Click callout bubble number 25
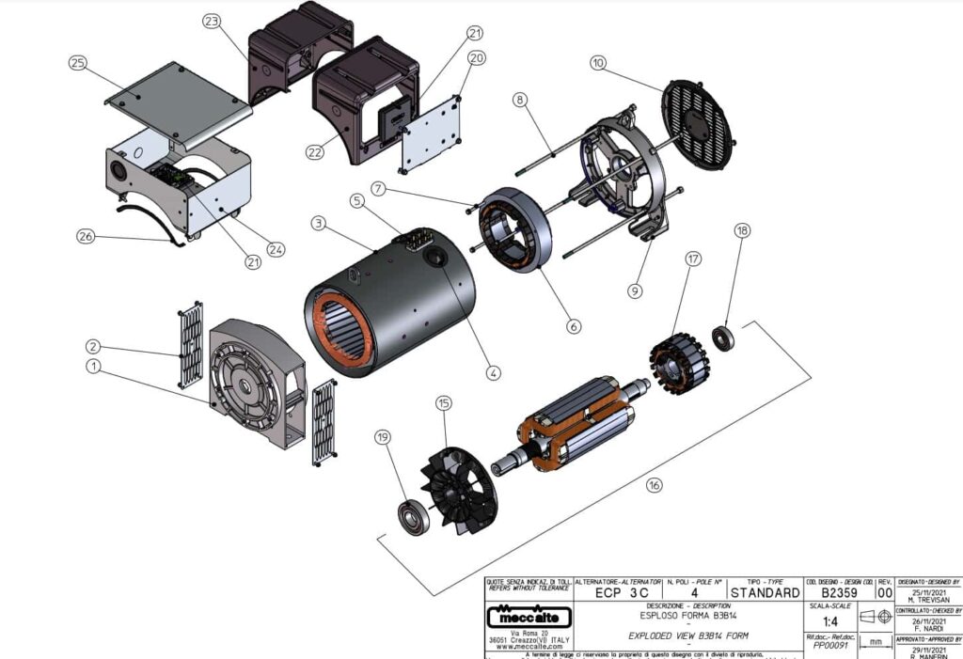tap(77, 63)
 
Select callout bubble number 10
tap(598, 64)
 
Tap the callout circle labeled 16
tap(654, 485)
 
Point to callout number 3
tap(319, 224)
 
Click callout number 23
tap(211, 21)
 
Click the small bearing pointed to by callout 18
tap(723, 337)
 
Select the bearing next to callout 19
tap(413, 518)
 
